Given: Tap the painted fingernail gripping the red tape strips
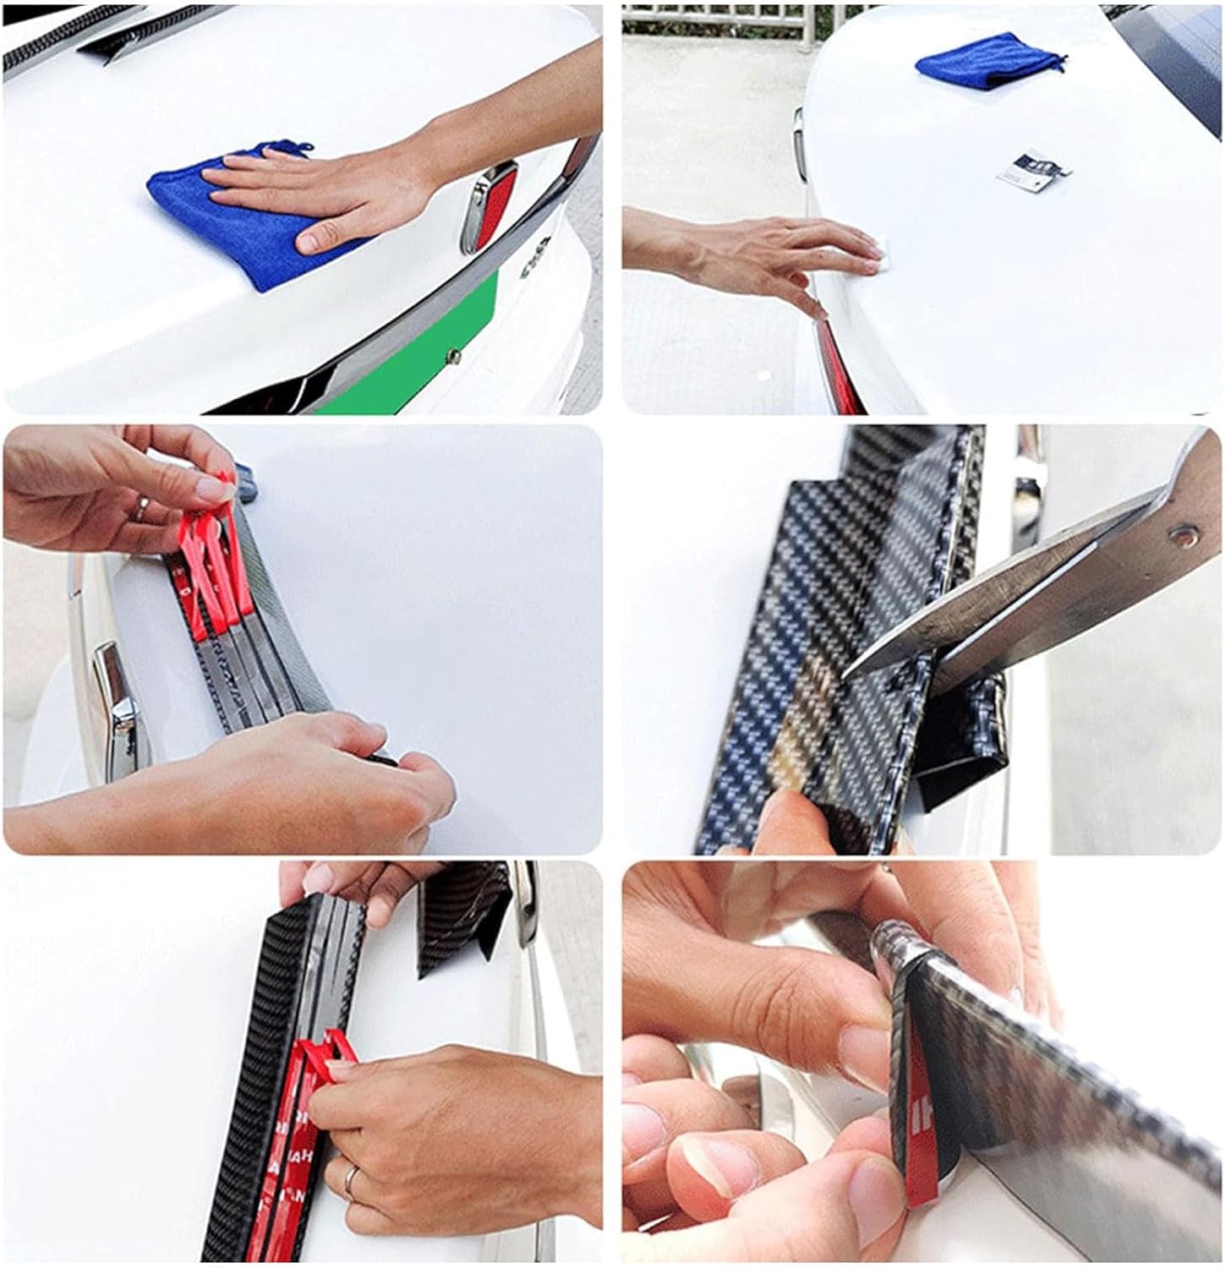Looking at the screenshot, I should tap(207, 489).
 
